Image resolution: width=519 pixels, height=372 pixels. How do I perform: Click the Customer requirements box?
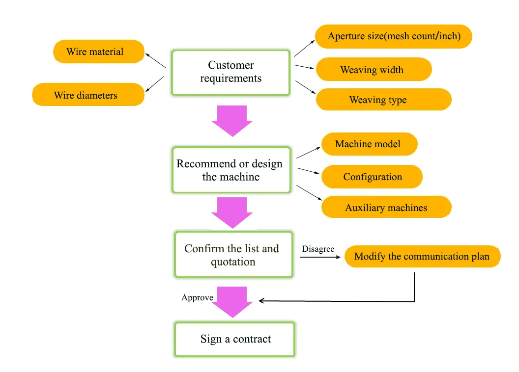pyautogui.click(x=231, y=72)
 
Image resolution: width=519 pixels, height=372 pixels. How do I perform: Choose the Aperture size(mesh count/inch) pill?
pyautogui.click(x=394, y=37)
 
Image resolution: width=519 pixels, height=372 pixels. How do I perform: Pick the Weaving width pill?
pyautogui.click(x=374, y=70)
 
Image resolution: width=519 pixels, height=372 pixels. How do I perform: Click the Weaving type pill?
pyautogui.click(x=383, y=100)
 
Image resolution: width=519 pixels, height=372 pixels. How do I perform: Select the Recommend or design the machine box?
pyautogui.click(x=231, y=170)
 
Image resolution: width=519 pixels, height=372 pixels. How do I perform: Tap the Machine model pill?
pyautogui.click(x=369, y=144)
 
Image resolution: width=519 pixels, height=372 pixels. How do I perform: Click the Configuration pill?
pyautogui.click(x=372, y=177)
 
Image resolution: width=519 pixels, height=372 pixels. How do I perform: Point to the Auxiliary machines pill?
pyautogui.click(x=386, y=208)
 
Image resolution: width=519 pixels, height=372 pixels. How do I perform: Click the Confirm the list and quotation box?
pyautogui.click(x=233, y=255)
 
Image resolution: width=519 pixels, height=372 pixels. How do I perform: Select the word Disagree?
pyautogui.click(x=318, y=249)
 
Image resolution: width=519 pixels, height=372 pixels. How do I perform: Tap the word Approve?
pyautogui.click(x=197, y=298)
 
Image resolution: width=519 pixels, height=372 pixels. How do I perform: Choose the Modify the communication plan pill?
pyautogui.click(x=422, y=257)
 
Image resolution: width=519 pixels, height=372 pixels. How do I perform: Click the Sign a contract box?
pyautogui.click(x=235, y=339)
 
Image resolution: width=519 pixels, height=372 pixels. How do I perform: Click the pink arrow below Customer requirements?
pyautogui.click(x=232, y=121)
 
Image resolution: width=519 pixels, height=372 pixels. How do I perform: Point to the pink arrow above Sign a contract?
pyautogui.click(x=232, y=302)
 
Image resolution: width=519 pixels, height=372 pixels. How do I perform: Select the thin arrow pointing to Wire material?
pyautogui.click(x=157, y=61)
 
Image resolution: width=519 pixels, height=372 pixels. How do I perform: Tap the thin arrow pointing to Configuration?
pyautogui.click(x=309, y=171)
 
